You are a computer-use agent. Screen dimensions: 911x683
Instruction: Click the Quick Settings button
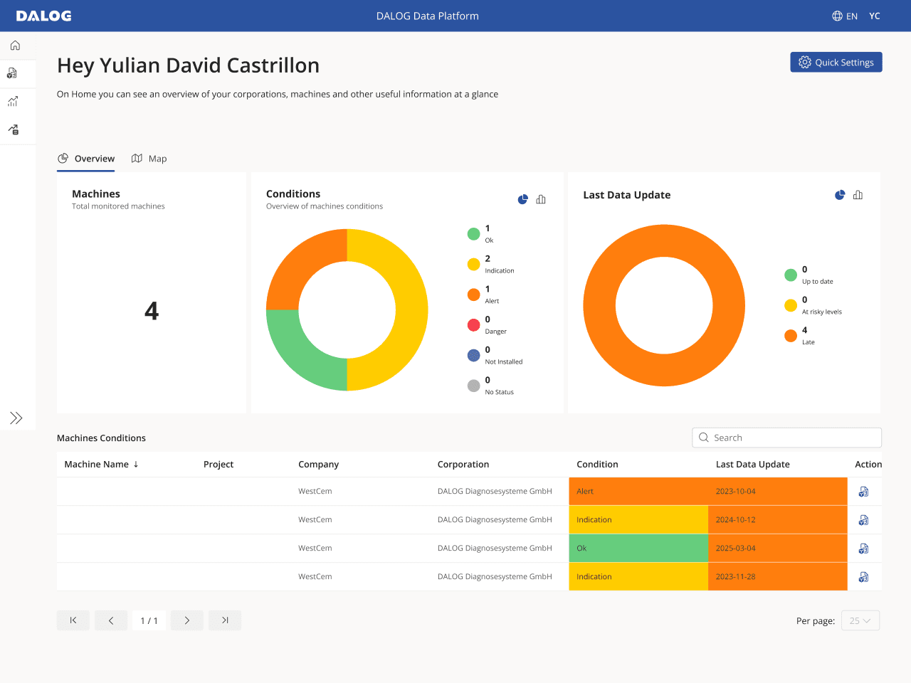pyautogui.click(x=836, y=62)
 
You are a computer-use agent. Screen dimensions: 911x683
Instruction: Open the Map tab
pyautogui.click(x=149, y=159)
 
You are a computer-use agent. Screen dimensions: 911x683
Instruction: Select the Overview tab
pyautogui.click(x=86, y=159)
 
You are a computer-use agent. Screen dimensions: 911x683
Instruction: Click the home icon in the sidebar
pyautogui.click(x=16, y=46)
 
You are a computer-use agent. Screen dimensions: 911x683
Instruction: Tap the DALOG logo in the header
pyautogui.click(x=43, y=16)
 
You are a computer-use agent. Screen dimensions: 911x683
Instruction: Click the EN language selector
pyautogui.click(x=845, y=16)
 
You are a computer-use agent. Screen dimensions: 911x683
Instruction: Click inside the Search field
pyautogui.click(x=786, y=438)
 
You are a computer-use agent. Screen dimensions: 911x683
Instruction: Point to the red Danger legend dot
pyautogui.click(x=473, y=325)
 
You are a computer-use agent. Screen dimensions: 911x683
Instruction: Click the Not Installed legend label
pyautogui.click(x=503, y=361)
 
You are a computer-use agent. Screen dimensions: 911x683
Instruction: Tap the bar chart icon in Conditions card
pyautogui.click(x=541, y=199)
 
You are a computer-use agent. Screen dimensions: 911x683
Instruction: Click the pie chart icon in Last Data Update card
pyautogui.click(x=840, y=195)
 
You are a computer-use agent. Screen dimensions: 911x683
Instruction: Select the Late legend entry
pyautogui.click(x=800, y=336)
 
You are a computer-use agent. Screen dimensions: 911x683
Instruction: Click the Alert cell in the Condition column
pyautogui.click(x=638, y=491)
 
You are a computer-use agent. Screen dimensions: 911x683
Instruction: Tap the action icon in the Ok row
pyautogui.click(x=863, y=549)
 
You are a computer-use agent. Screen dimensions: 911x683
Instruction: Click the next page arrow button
pyautogui.click(x=186, y=620)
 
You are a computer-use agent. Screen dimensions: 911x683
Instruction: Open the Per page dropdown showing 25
pyautogui.click(x=860, y=620)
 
